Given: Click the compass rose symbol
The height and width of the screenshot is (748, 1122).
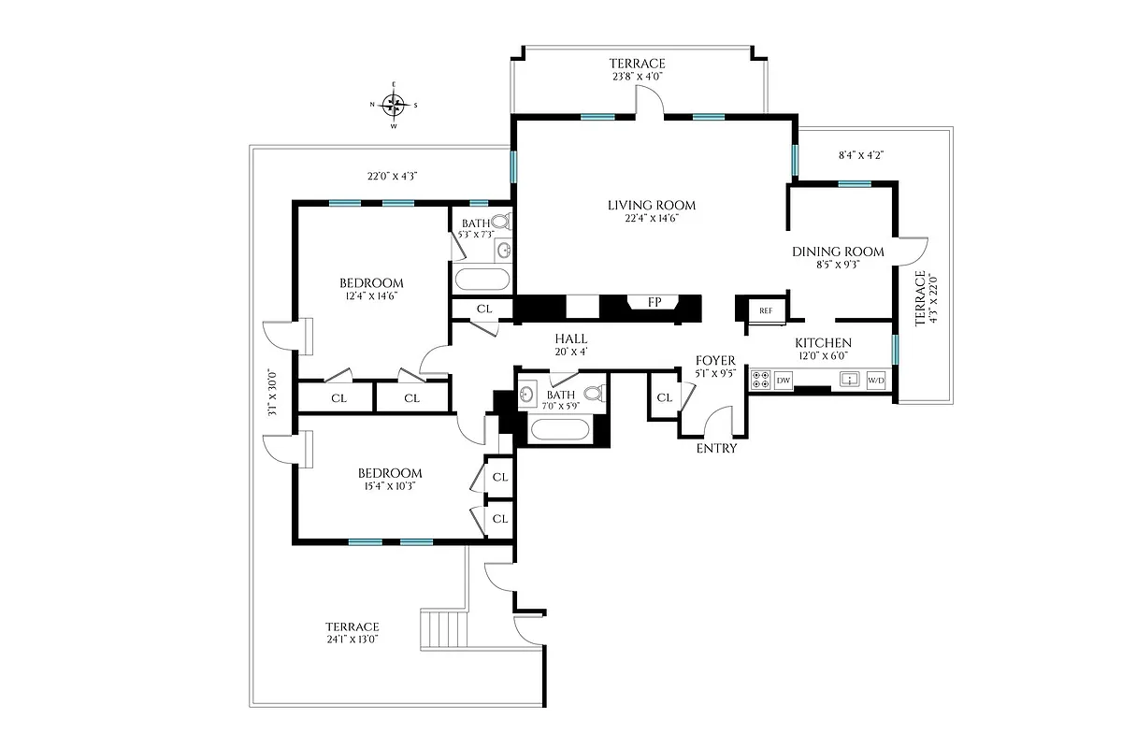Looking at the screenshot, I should click(x=394, y=104).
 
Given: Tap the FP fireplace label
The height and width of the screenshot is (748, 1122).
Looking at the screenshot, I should click(x=655, y=302).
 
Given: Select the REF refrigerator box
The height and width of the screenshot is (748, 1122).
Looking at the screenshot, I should click(x=765, y=310).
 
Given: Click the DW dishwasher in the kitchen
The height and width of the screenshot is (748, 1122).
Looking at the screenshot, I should click(x=784, y=381).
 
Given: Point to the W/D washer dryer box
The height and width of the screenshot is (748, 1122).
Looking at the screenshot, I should click(x=876, y=381).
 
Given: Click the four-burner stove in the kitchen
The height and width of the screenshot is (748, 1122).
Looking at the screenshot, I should click(x=760, y=381).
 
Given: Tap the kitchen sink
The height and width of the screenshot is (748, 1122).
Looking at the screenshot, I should click(x=850, y=380).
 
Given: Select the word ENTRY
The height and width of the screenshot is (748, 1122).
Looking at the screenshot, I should click(x=717, y=449).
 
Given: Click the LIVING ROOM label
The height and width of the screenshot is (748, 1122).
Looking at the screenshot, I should click(x=652, y=206).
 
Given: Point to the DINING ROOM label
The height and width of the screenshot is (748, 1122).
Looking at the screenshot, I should click(x=838, y=252).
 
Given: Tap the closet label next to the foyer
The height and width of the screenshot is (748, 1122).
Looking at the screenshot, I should click(x=664, y=398).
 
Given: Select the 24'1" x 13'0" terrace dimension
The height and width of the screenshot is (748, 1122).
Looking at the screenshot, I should click(x=352, y=640).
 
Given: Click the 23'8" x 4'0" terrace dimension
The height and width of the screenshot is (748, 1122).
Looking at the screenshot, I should click(x=638, y=78).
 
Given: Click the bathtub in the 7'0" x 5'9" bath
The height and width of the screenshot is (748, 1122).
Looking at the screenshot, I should click(x=561, y=431).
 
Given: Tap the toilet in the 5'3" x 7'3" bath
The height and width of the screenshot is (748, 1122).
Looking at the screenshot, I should click(x=499, y=223).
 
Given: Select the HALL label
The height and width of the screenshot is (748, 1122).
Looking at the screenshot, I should click(x=570, y=338).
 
